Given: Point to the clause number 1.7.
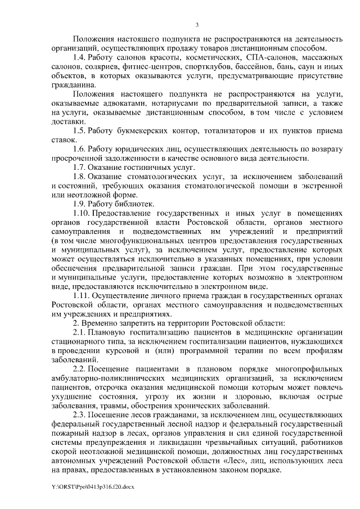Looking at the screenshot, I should click(x=80, y=168).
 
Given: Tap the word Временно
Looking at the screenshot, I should click(x=102, y=324).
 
